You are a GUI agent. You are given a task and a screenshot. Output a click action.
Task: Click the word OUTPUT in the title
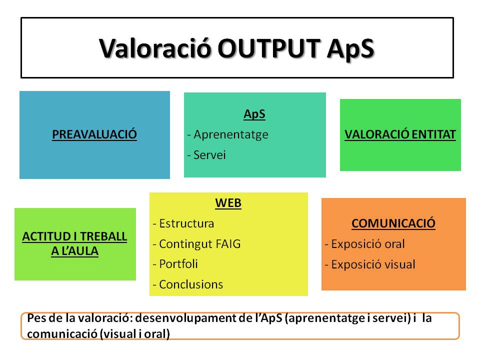point(269,48)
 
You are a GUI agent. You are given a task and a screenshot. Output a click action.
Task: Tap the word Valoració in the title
point(155,48)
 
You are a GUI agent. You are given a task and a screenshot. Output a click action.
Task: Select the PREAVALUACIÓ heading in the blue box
point(94,134)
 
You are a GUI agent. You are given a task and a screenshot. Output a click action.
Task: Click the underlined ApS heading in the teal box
point(254,114)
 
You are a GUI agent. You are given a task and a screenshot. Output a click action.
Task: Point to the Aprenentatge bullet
point(228,134)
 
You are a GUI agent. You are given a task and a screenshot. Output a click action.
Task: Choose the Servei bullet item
point(206,155)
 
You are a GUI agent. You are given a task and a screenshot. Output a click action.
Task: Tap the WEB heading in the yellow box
point(228,203)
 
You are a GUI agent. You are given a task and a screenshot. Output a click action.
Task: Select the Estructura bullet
point(183,223)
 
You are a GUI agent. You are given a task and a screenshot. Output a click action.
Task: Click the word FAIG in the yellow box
point(228,244)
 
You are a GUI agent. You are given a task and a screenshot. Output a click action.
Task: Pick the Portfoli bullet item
point(175,264)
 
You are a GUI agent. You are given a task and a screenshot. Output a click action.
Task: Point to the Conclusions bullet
point(188,284)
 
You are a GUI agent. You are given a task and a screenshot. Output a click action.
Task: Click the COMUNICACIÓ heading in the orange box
point(393,223)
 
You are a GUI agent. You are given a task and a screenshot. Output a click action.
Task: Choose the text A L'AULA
point(74,251)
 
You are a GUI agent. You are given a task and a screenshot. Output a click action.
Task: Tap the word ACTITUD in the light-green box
point(46,236)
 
